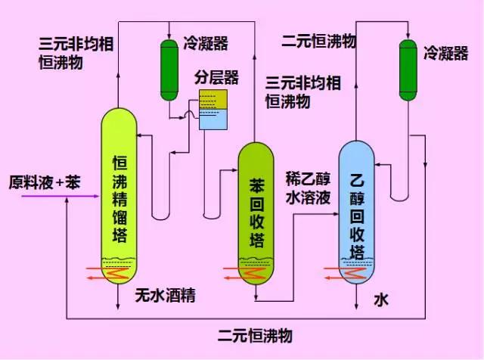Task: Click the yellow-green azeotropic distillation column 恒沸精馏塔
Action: coord(119,197)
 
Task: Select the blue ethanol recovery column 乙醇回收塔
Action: coord(358,212)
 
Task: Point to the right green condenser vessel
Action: coord(408,69)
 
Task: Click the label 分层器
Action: coord(216,78)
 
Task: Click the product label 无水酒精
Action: coord(166,296)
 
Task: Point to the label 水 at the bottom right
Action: coord(380,300)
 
